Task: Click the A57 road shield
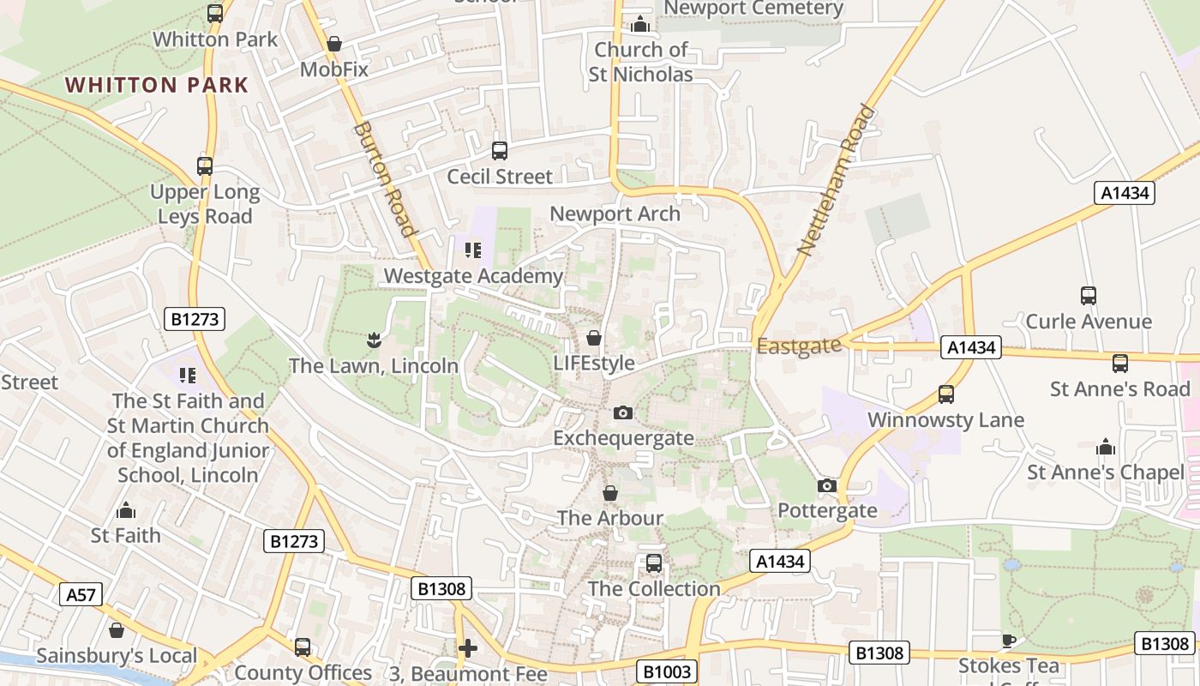(81, 594)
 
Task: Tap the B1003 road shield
(667, 671)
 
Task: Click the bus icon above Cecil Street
(500, 151)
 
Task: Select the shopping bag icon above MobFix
(334, 44)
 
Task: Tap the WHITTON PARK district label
(157, 85)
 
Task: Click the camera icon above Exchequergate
(623, 413)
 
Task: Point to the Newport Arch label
(615, 214)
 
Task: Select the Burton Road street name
(384, 178)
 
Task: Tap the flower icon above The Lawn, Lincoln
(373, 340)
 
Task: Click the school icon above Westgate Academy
(473, 250)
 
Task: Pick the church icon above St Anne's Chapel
(1106, 448)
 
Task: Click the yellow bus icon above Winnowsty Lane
(945, 394)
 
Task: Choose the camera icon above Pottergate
(827, 486)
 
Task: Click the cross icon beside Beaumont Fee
(467, 648)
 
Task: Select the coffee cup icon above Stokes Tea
(1009, 641)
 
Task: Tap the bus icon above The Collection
(654, 563)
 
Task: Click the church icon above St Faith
(126, 511)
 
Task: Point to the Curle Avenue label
(1089, 322)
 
